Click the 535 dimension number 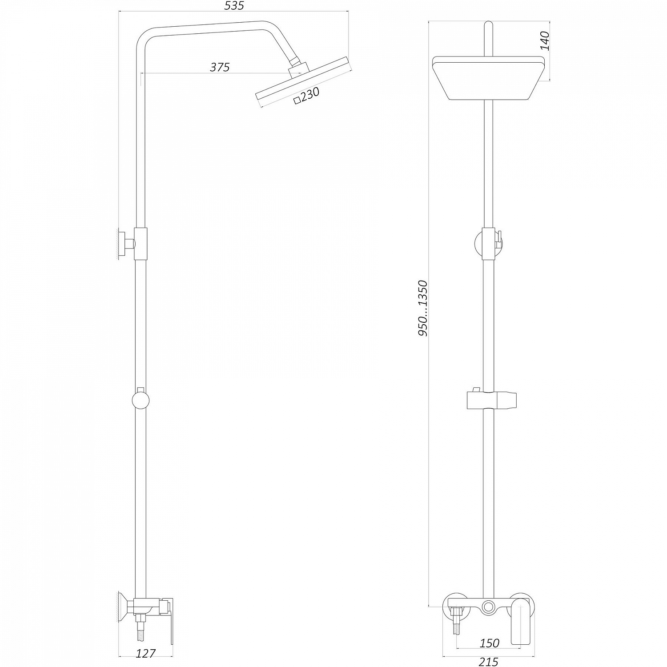pos(234,6)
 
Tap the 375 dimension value pos(220,67)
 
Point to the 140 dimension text pos(545,41)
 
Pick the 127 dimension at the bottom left pos(145,653)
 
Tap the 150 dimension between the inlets pos(489,643)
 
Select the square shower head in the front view pos(488,78)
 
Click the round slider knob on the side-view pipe pos(141,400)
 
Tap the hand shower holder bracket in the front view pos(492,400)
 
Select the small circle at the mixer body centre pos(489,606)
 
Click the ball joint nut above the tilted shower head pos(297,68)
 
